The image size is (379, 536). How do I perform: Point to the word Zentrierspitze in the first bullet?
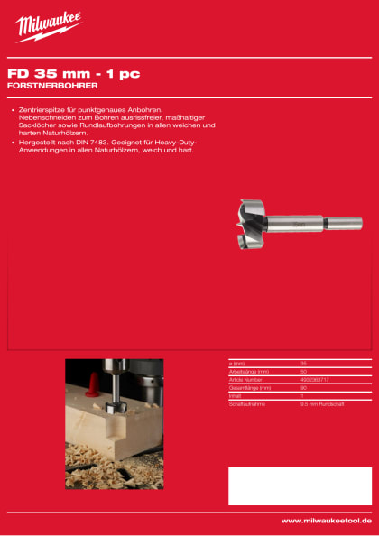42,109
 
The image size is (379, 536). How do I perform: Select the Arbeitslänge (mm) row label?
251,372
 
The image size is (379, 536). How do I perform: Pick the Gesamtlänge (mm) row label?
252,387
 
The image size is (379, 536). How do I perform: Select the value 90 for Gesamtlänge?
303,387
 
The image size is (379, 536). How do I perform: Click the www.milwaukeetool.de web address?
326,521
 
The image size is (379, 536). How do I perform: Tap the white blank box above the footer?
300,485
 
